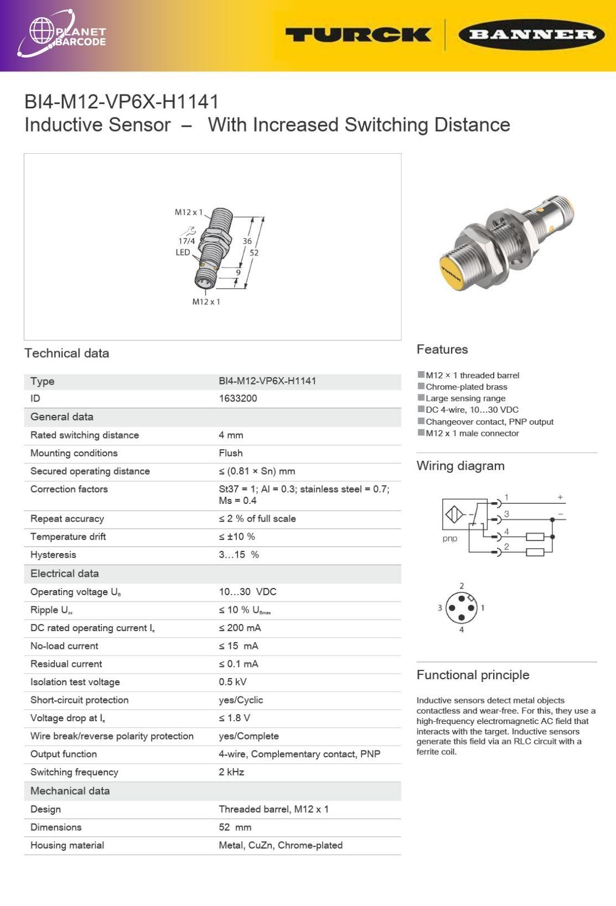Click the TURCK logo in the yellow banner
(358, 35)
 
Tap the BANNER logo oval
(531, 35)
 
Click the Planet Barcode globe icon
(42, 31)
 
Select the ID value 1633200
(238, 398)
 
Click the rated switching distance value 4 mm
(231, 435)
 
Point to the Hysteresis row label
(53, 555)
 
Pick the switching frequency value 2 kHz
(231, 772)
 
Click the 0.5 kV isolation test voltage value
(232, 682)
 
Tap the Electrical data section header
(65, 574)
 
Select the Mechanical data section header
(70, 791)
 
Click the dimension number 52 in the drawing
(254, 253)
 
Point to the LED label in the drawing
(183, 252)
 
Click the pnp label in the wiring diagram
(450, 539)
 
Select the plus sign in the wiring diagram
(560, 497)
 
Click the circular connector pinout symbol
(461, 607)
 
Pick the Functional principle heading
(473, 675)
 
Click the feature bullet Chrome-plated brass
(466, 387)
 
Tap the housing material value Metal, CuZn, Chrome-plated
(281, 845)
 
